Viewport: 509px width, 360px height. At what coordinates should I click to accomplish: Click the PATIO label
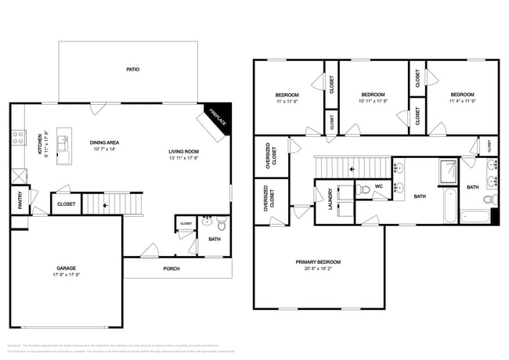[133, 70]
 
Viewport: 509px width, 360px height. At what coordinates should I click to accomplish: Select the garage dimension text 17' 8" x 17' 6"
[66, 275]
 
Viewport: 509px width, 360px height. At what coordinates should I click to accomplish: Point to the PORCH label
[171, 268]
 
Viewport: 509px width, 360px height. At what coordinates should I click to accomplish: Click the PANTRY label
[20, 202]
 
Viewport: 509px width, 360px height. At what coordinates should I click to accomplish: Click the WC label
[378, 186]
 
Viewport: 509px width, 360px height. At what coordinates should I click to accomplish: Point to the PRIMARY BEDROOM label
[318, 262]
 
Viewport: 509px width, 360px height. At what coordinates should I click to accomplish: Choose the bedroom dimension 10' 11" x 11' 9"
[373, 100]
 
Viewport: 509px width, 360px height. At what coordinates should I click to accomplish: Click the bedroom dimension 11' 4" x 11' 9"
[461, 100]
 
